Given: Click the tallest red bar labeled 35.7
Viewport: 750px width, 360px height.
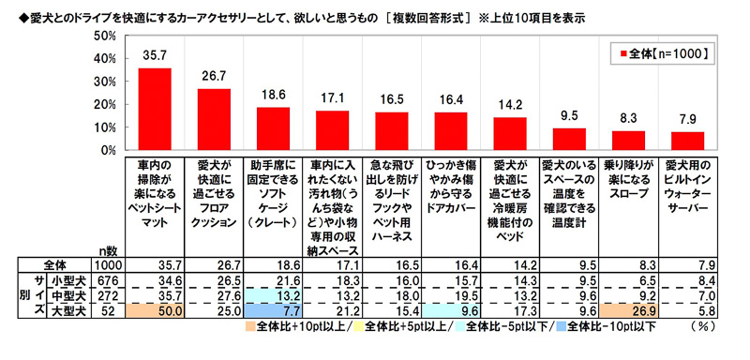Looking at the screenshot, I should pyautogui.click(x=155, y=109).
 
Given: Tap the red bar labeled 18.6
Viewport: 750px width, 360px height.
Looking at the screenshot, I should pyautogui.click(x=273, y=128).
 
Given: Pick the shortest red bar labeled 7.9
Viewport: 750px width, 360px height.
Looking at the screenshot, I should pyautogui.click(x=688, y=141).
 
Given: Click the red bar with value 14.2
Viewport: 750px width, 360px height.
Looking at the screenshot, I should pyautogui.click(x=510, y=133).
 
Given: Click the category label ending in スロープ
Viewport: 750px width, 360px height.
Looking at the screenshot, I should pyautogui.click(x=628, y=184).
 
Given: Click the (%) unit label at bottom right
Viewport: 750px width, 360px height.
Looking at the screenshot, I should pyautogui.click(x=710, y=328).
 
